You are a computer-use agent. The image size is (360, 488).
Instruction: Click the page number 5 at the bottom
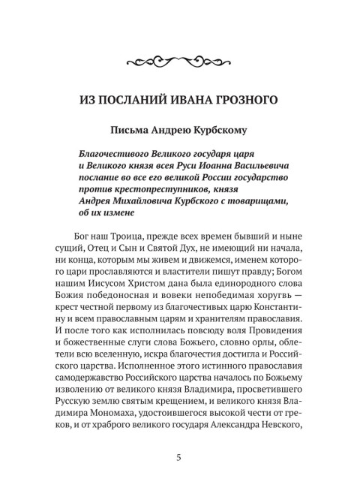tap(179, 457)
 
